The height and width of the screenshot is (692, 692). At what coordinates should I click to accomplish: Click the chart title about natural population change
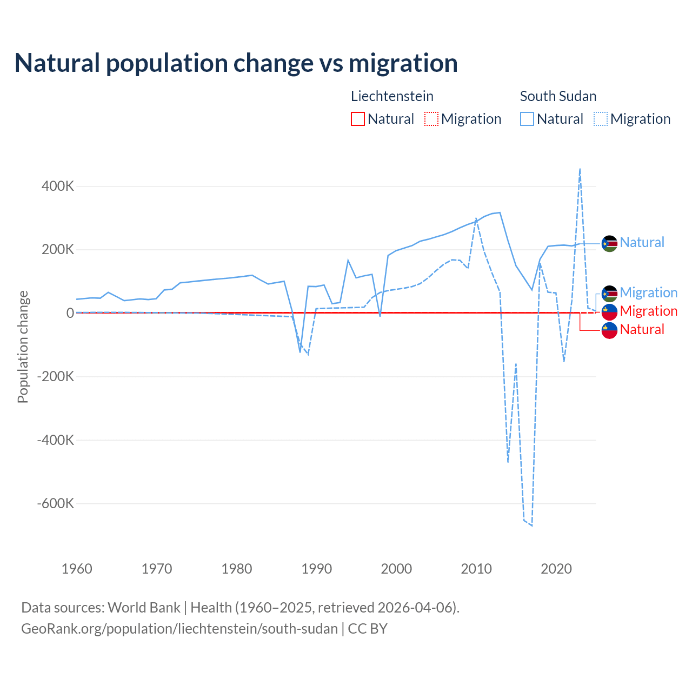(236, 63)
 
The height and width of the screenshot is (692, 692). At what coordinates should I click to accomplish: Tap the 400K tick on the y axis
(57, 187)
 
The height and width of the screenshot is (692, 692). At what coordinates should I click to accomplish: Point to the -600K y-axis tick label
(55, 504)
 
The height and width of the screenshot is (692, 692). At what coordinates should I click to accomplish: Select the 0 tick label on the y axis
(70, 313)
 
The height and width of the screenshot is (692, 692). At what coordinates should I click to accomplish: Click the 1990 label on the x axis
(316, 569)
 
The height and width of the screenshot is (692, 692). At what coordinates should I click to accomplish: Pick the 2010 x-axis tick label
(476, 569)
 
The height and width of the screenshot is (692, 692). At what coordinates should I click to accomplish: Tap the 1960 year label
(77, 569)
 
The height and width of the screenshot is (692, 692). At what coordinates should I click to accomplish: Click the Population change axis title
(23, 347)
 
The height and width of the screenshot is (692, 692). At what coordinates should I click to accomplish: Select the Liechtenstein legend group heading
(392, 96)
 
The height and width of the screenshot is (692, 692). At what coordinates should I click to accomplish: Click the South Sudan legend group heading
(558, 96)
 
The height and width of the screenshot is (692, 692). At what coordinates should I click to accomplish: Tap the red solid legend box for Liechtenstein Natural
(358, 119)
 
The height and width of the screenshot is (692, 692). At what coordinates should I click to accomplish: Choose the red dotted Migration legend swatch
(431, 119)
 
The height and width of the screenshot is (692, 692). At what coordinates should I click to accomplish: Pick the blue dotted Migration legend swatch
(601, 119)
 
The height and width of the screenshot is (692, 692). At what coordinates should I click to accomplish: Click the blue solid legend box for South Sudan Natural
(527, 119)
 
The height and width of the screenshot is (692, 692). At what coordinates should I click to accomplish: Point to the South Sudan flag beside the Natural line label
(609, 244)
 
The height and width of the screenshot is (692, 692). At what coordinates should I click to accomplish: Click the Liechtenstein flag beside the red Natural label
(609, 330)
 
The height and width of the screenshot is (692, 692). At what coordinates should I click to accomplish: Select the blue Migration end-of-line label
(648, 292)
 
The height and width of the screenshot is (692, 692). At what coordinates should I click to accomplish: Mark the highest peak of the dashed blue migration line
(580, 169)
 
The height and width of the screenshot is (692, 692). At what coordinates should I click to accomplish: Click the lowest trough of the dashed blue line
(532, 525)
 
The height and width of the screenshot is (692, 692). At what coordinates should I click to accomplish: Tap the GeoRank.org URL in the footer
(179, 629)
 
